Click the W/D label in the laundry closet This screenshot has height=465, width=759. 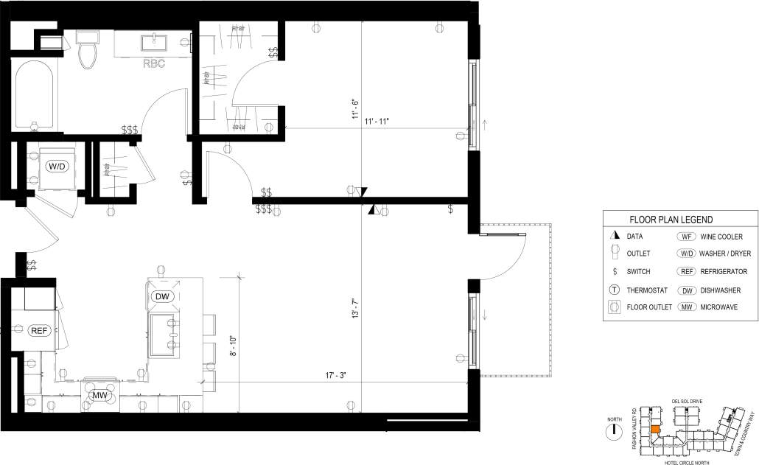(57, 167)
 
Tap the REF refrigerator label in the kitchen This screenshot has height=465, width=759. (40, 331)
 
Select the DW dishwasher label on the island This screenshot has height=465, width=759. (163, 296)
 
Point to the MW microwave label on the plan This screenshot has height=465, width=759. (99, 396)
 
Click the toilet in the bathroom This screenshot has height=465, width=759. (88, 50)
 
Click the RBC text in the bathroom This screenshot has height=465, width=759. (154, 63)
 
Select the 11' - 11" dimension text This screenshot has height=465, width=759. (377, 121)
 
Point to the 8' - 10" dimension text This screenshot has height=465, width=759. (233, 347)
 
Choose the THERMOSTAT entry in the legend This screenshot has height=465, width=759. (648, 289)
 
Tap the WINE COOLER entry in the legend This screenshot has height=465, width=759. (721, 237)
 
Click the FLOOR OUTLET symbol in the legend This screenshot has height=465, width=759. (614, 307)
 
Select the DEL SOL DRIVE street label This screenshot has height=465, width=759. (686, 402)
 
